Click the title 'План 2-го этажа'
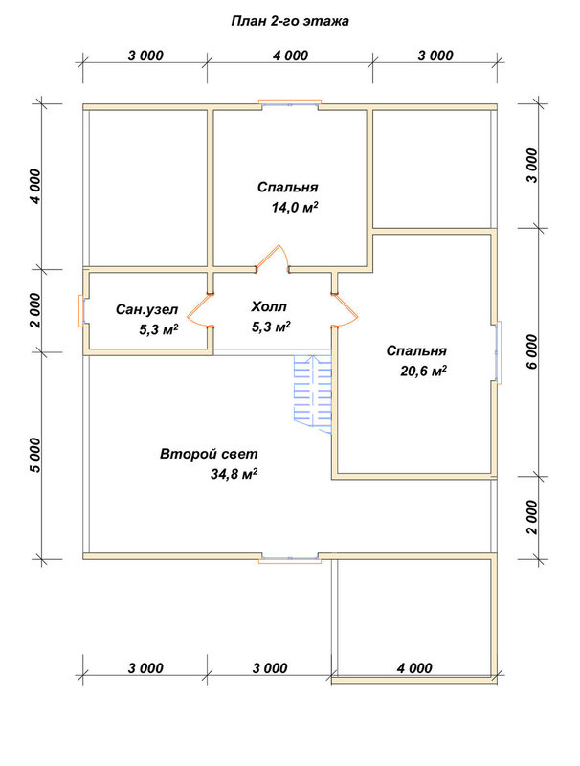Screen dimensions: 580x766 tap(290, 21)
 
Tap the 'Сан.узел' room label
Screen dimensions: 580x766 tap(147, 309)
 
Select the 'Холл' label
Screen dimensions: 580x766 tap(269, 306)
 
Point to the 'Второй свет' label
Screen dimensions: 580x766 tap(209, 454)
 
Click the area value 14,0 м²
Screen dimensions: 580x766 tap(296, 208)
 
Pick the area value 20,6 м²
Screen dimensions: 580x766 tap(424, 372)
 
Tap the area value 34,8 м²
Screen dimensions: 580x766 tap(234, 474)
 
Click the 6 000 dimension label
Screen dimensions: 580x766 tap(532, 351)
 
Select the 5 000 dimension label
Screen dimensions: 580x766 tap(35, 456)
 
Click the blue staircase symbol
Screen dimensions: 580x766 tap(312, 394)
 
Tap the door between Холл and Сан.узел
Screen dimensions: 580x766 tap(199, 310)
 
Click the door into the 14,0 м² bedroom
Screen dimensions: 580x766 tap(273, 258)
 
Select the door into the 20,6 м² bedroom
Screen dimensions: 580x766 tap(345, 310)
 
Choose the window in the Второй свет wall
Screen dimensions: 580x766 tap(290, 559)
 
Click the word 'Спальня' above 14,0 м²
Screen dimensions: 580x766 tap(287, 187)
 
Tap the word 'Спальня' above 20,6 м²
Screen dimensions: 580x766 tap(416, 350)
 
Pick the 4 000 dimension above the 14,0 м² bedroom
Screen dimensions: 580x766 tap(291, 56)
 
